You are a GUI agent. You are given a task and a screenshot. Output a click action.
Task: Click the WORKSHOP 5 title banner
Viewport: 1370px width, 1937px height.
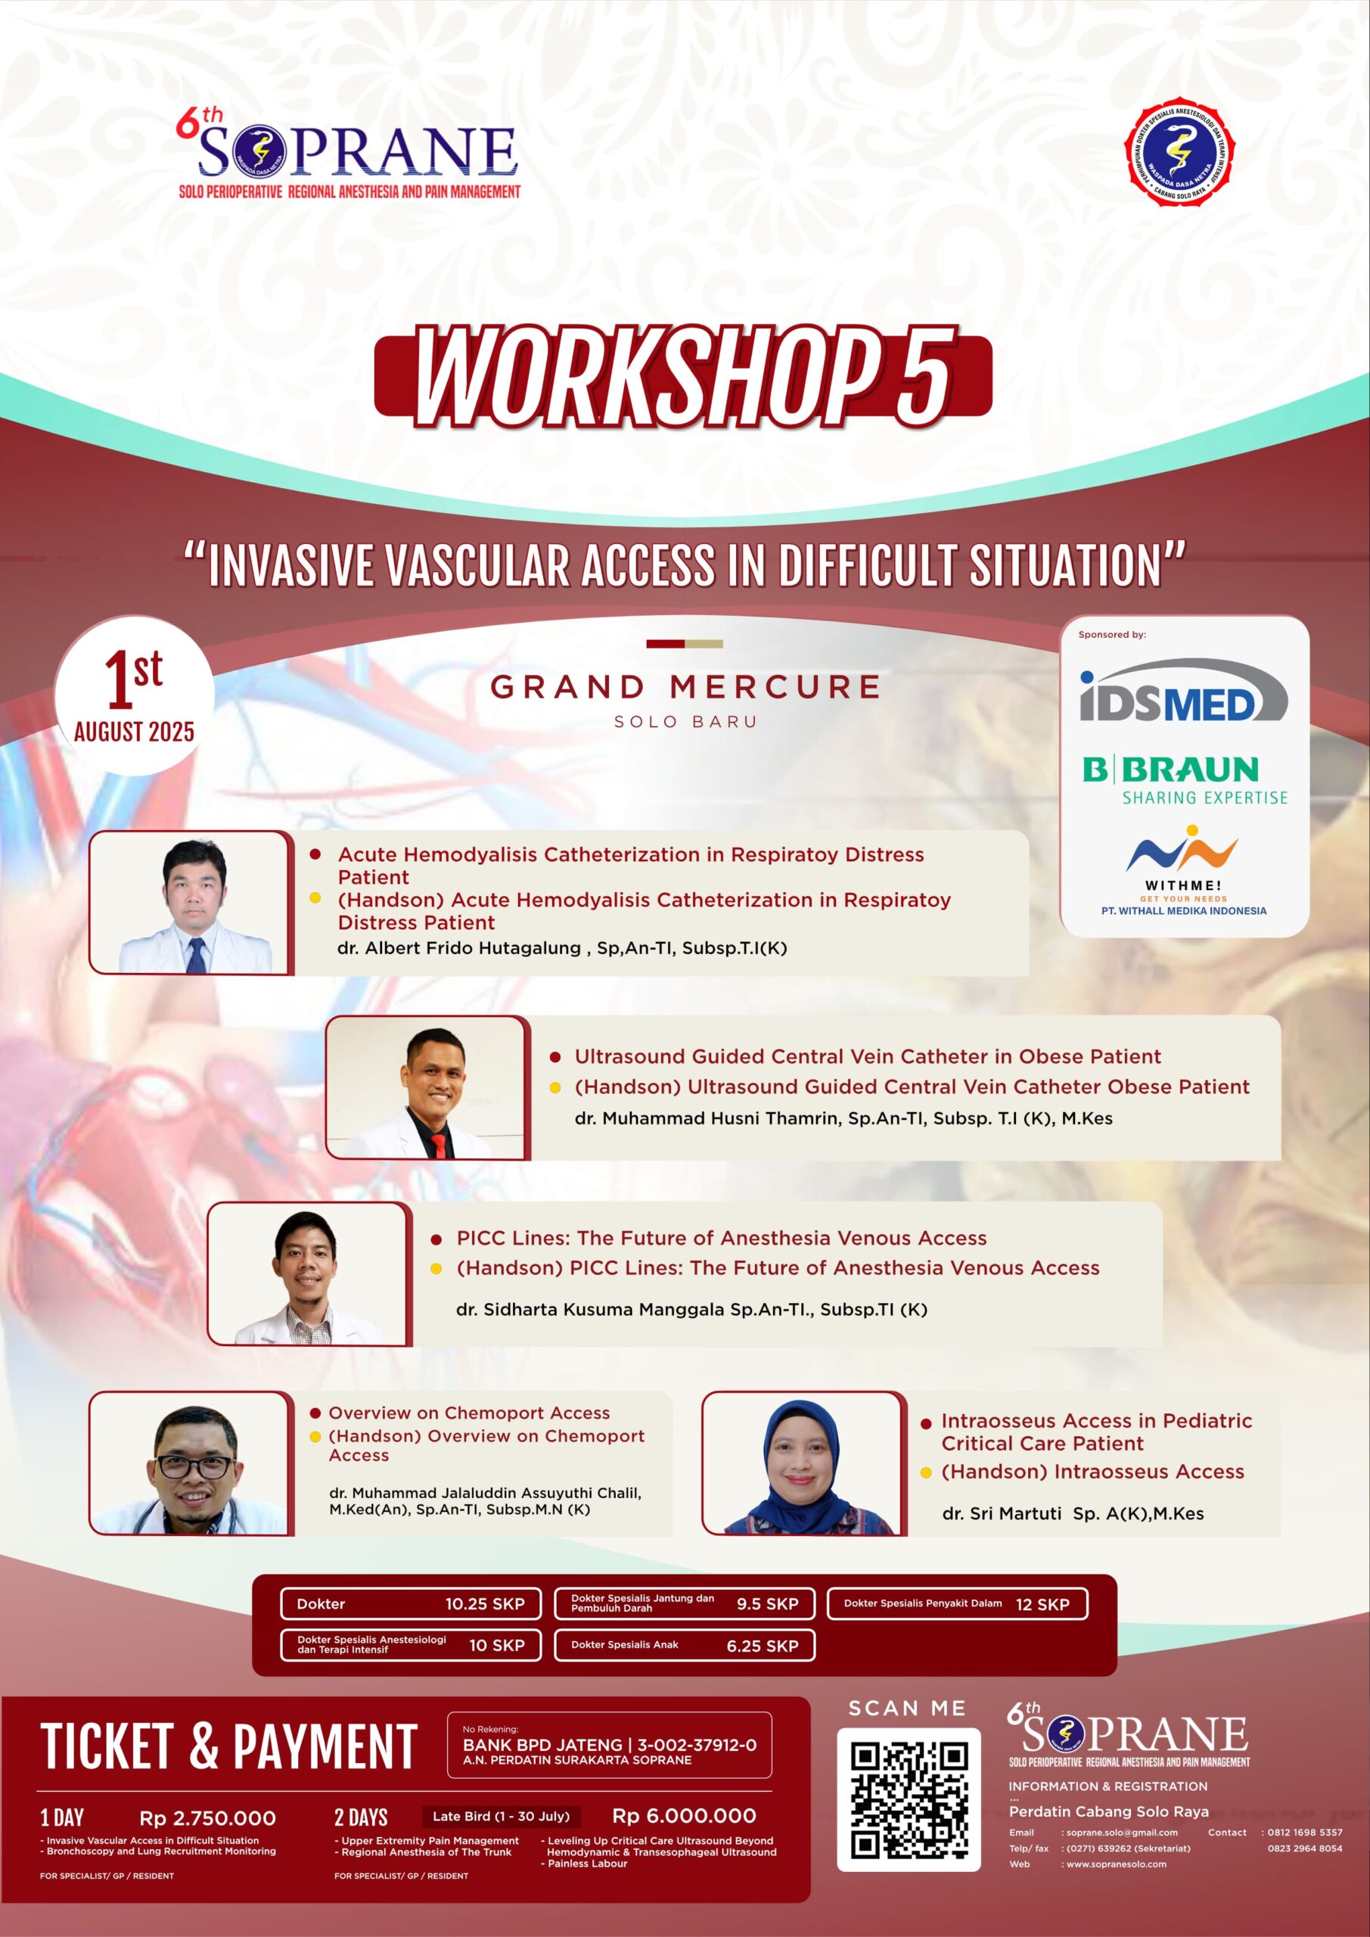click(x=682, y=376)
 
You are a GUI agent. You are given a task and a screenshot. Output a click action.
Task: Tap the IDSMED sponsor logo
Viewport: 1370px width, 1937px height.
click(x=1184, y=691)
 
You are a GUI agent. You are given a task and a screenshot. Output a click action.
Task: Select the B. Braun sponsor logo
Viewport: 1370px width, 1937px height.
click(x=1185, y=779)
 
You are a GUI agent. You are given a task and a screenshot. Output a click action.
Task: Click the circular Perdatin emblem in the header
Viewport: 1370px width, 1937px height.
click(x=1179, y=153)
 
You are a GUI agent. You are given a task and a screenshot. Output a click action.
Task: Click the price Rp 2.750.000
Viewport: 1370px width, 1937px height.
click(x=207, y=1817)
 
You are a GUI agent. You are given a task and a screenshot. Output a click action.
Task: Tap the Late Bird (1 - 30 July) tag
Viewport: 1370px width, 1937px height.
click(x=501, y=1817)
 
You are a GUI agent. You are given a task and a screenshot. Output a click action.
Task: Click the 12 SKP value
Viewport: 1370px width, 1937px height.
click(x=1042, y=1605)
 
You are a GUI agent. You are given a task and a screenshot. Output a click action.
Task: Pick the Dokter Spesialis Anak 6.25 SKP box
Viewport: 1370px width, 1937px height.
click(x=684, y=1645)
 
